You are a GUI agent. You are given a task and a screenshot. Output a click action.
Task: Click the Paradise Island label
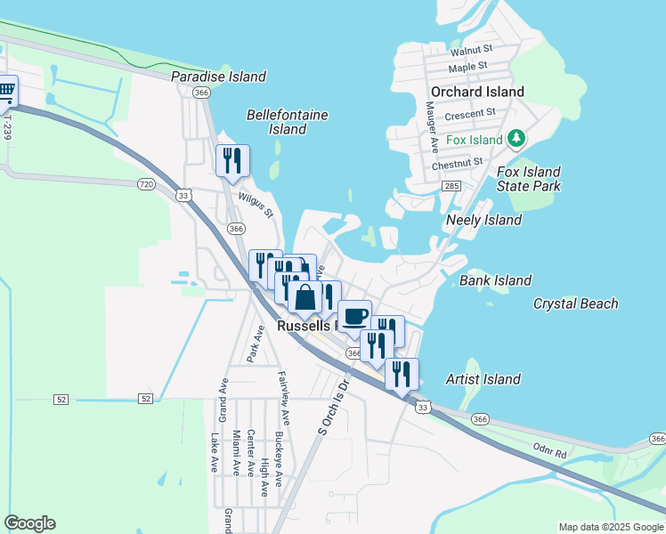(x=218, y=77)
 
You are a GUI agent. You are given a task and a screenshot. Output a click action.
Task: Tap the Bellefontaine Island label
(x=288, y=122)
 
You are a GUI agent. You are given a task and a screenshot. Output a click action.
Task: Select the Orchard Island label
(x=477, y=92)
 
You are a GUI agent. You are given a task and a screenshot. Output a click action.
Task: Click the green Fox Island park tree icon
(x=516, y=139)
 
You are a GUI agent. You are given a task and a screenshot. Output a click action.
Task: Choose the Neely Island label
(x=483, y=220)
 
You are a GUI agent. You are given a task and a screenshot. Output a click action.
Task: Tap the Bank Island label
(x=495, y=280)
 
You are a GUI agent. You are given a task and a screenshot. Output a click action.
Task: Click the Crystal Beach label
(x=575, y=303)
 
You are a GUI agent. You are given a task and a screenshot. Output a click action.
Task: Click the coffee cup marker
(x=354, y=315)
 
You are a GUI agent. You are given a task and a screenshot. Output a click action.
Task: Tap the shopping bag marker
(x=305, y=297)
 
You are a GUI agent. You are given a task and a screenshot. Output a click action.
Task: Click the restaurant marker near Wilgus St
(x=232, y=160)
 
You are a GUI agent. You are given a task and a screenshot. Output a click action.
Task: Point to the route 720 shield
(x=147, y=183)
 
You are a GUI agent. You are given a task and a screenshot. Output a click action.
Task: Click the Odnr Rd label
(x=548, y=453)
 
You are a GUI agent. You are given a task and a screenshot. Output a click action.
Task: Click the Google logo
(x=29, y=523)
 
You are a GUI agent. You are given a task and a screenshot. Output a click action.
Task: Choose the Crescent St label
(x=470, y=114)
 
